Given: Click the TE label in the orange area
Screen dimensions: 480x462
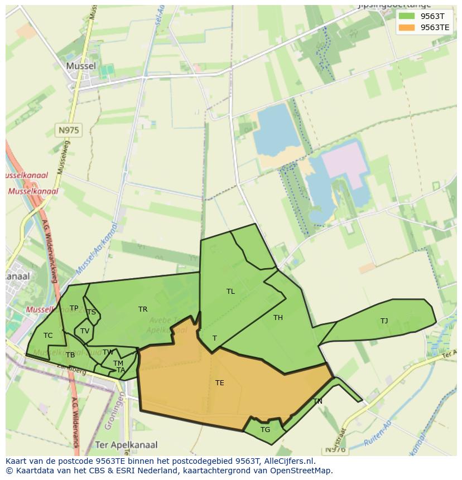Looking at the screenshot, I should [x=220, y=383].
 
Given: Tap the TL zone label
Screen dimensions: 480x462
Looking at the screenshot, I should [x=230, y=292].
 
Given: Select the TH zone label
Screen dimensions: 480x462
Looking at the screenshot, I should [x=278, y=318].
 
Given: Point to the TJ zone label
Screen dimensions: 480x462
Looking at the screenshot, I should [x=384, y=321].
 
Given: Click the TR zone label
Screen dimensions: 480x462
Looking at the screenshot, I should [x=143, y=309].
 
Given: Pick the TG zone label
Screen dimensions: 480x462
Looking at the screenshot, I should [x=265, y=430].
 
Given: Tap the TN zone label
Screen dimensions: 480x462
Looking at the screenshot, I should [x=317, y=401].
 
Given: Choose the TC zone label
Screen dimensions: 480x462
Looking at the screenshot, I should [x=48, y=336].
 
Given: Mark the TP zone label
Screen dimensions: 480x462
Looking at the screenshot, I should [x=74, y=308].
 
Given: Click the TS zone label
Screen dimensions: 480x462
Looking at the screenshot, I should [x=91, y=312].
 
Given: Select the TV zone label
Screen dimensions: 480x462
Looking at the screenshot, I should [x=85, y=331].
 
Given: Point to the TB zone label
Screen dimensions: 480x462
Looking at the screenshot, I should [x=70, y=355].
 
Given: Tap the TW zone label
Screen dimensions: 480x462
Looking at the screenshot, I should [x=108, y=352].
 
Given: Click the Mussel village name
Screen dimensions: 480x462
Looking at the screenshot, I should [x=81, y=66].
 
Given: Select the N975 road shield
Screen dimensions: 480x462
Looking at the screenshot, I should [x=69, y=130].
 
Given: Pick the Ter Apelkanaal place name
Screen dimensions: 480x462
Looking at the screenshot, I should [x=126, y=445].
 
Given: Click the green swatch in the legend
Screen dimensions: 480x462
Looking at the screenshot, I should [x=407, y=16].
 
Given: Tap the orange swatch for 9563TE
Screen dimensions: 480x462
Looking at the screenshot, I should [x=407, y=27].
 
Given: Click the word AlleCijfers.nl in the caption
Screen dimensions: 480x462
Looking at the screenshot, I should [x=288, y=461].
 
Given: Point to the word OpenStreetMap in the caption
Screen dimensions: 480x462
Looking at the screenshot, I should [x=301, y=471].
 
